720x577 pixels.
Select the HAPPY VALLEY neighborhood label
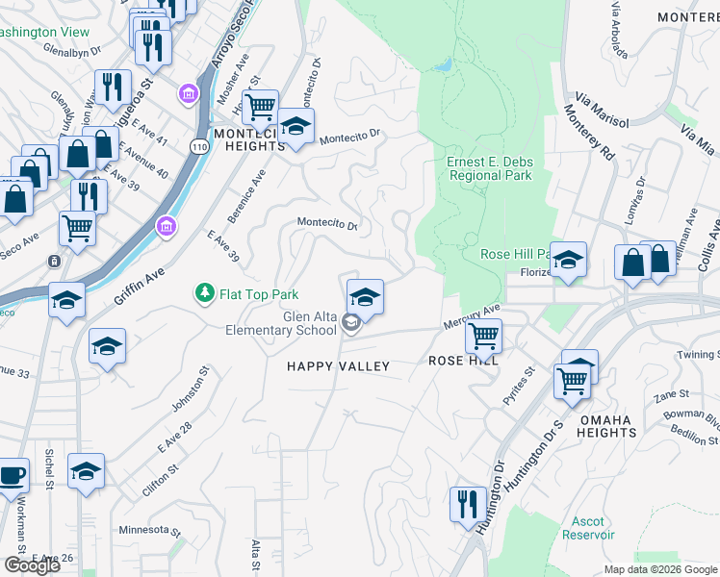tap(339, 366)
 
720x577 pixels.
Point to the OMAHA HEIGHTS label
tap(606, 427)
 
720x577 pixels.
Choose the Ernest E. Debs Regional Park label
tap(489, 169)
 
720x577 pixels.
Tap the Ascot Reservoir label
tap(588, 527)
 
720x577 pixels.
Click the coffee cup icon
tap(12, 475)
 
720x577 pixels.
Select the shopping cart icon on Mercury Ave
tap(482, 336)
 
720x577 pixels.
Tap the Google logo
tap(32, 565)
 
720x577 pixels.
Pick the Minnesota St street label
tap(149, 530)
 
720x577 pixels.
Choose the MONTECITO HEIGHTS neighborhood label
tap(255, 139)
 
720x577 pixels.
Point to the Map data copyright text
tap(660, 569)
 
